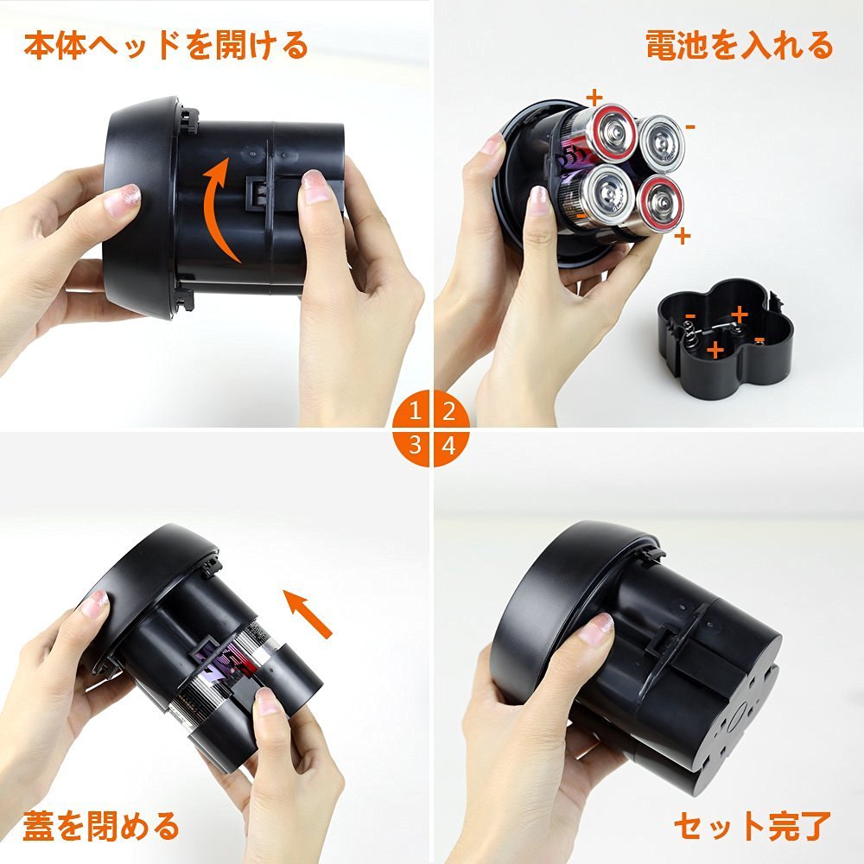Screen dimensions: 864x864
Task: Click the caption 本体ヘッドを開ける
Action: pyautogui.click(x=166, y=45)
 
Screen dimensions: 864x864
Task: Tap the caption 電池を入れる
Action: pyautogui.click(x=739, y=45)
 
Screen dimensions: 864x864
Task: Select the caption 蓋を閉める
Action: pyautogui.click(x=101, y=825)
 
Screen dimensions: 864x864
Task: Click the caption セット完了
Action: pyautogui.click(x=753, y=825)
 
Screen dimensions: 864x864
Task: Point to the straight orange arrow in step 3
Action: pyautogui.click(x=308, y=613)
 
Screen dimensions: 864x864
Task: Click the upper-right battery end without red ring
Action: pyautogui.click(x=661, y=143)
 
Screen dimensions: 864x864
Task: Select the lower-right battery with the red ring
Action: pyautogui.click(x=659, y=203)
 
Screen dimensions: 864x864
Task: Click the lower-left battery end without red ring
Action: pyautogui.click(x=606, y=193)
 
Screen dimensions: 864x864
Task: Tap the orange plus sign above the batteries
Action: pyautogui.click(x=594, y=98)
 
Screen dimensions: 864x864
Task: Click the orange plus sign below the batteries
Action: pyautogui.click(x=683, y=237)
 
